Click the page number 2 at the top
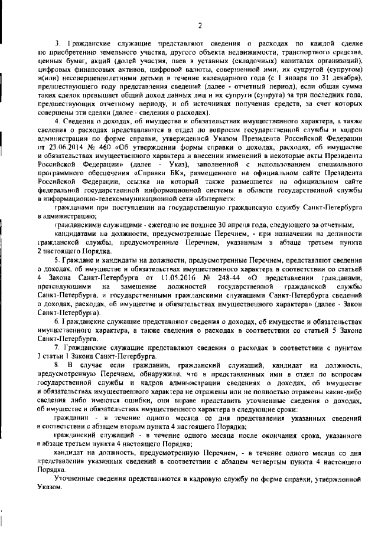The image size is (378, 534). tap(200, 25)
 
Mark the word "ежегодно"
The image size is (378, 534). tap(138, 225)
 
